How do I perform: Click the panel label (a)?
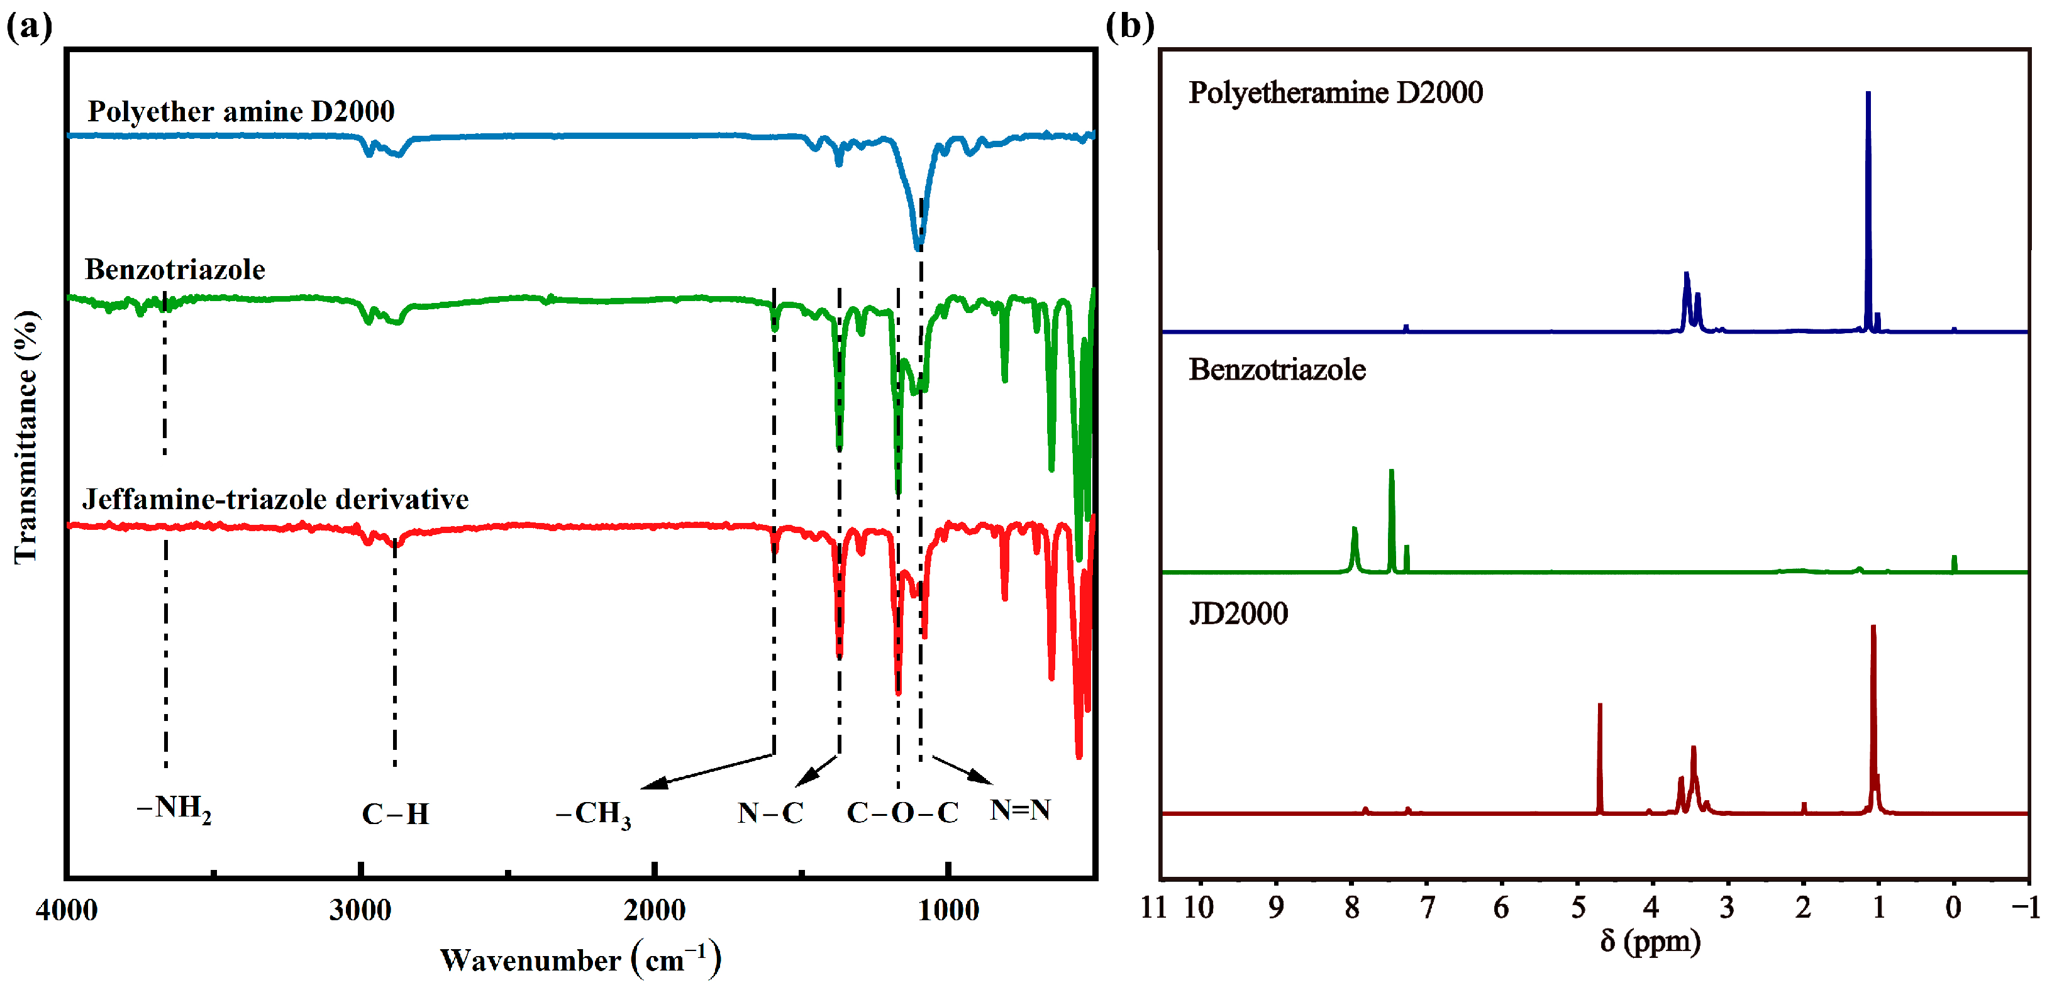pos(30,26)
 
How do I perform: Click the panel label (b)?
pos(1129,26)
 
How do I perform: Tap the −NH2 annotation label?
pos(174,809)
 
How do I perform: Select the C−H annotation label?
pos(395,813)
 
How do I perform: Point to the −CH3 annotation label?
pos(594,813)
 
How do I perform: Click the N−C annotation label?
pos(770,812)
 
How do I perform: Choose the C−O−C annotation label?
pos(902,812)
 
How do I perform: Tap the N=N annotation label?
pos(1019,810)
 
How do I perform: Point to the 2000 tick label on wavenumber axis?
pos(654,910)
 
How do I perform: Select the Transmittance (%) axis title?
pos(26,437)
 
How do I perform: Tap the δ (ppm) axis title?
pos(1650,941)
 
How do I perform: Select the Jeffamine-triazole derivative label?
pos(275,499)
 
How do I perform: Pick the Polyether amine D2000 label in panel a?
pos(241,111)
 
